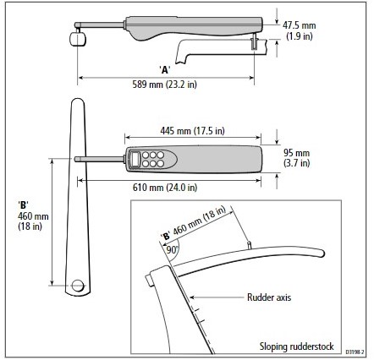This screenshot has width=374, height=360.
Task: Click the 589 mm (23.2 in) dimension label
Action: [x=165, y=85]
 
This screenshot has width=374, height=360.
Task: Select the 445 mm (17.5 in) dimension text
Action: [x=192, y=131]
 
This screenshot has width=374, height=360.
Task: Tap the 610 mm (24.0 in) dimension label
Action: [x=165, y=188]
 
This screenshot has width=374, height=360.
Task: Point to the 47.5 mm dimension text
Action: [x=300, y=25]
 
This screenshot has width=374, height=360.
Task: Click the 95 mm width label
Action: [x=296, y=153]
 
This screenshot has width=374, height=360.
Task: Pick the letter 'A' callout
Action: [x=165, y=69]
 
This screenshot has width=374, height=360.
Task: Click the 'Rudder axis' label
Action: [x=269, y=297]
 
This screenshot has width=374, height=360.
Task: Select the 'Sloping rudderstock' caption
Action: [x=297, y=346]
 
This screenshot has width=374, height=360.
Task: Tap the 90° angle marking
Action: [x=172, y=249]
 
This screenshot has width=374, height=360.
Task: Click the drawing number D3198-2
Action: [x=355, y=352]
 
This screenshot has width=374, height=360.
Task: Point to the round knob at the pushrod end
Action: [x=78, y=39]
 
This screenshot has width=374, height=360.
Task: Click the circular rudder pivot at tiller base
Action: [x=78, y=286]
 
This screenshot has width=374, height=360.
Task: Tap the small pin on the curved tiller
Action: [x=250, y=244]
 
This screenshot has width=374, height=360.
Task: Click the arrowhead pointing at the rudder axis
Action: [x=192, y=297]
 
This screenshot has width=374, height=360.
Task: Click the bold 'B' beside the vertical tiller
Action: [x=24, y=205]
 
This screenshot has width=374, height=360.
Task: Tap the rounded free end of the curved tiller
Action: [x=322, y=253]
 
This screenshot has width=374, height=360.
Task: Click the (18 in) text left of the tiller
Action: [x=30, y=226]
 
